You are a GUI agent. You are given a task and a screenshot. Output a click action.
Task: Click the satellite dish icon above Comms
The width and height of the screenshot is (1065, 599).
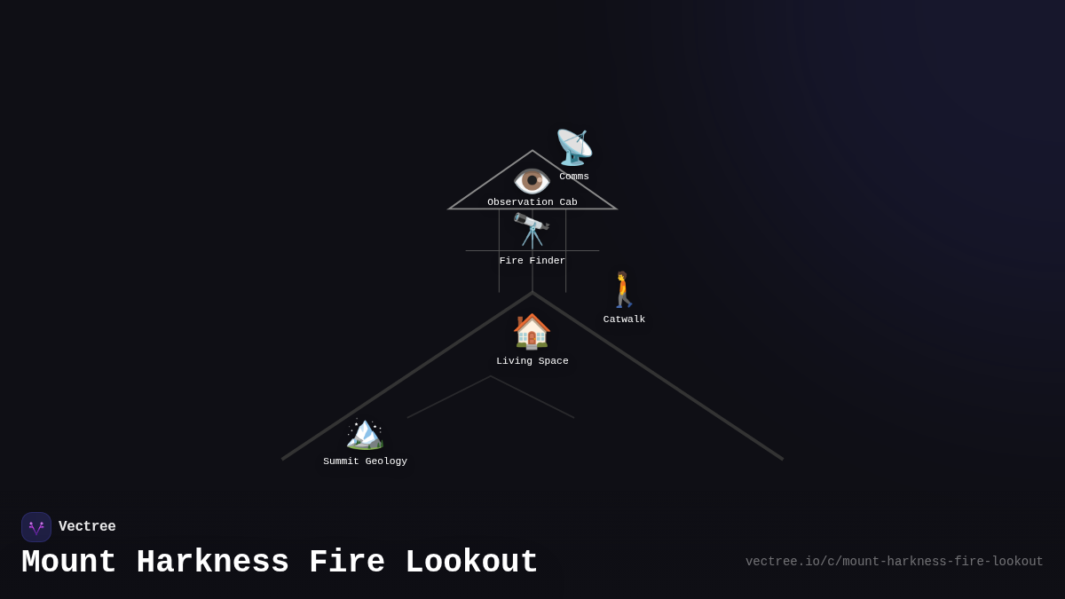574,147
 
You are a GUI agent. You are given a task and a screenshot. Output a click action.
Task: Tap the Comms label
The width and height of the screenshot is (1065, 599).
574,177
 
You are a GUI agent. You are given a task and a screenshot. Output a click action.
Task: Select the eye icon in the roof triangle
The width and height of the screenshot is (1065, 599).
532,181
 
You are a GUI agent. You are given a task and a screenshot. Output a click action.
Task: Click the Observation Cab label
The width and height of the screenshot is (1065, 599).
532,202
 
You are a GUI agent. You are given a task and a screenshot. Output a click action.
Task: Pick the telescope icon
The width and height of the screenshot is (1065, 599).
532,231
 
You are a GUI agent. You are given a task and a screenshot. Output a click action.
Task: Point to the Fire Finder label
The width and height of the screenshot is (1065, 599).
532,261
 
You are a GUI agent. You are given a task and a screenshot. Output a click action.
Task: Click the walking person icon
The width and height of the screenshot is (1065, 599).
624,289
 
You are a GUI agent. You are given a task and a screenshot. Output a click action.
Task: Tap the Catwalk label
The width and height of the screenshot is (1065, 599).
624,319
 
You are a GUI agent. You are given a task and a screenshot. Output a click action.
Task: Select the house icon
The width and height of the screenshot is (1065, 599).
532,331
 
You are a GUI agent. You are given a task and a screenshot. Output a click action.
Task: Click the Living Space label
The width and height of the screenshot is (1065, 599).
532,361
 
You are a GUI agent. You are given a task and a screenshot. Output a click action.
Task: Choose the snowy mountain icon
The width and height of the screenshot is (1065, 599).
365,434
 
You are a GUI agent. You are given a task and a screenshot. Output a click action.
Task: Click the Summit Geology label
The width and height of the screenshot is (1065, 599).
365,461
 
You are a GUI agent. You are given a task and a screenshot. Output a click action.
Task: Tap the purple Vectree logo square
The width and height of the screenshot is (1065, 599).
36,527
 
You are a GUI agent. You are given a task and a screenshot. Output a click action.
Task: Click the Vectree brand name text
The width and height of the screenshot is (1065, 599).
87,526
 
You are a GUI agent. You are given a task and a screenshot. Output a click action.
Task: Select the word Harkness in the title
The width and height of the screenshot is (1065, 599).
212,562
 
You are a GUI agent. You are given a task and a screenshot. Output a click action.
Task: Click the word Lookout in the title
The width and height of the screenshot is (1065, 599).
471,562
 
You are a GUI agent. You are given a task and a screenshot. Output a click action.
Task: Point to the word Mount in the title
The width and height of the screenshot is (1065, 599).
68,562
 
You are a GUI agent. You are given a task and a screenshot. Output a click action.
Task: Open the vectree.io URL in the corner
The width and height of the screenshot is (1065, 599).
895,562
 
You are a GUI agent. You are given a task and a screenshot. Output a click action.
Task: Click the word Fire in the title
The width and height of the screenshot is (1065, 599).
347,562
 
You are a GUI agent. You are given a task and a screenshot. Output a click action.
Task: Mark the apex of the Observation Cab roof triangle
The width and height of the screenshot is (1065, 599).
532,151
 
